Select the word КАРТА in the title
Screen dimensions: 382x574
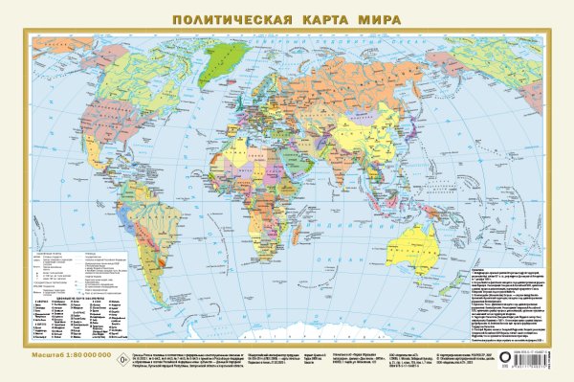point(321,17)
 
